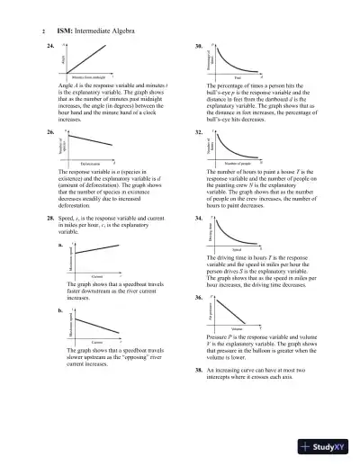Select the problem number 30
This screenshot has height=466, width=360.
[x=199, y=43]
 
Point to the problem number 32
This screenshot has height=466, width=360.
[x=199, y=130]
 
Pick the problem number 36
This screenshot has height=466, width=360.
[x=199, y=296]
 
